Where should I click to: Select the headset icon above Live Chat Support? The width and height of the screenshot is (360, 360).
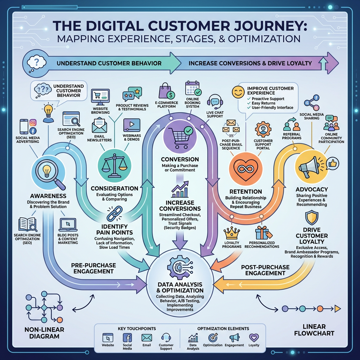pyautogui.click(x=215, y=102)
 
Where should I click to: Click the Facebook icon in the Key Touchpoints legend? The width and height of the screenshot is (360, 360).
pyautogui.click(x=127, y=338)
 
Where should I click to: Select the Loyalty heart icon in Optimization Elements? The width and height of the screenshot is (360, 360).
pyautogui.click(x=253, y=337)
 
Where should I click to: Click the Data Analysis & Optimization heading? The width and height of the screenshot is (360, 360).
pyautogui.click(x=180, y=287)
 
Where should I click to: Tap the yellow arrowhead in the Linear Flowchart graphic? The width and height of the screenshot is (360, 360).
pyautogui.click(x=337, y=309)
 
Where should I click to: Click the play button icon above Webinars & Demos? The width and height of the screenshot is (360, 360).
pyautogui.click(x=131, y=125)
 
